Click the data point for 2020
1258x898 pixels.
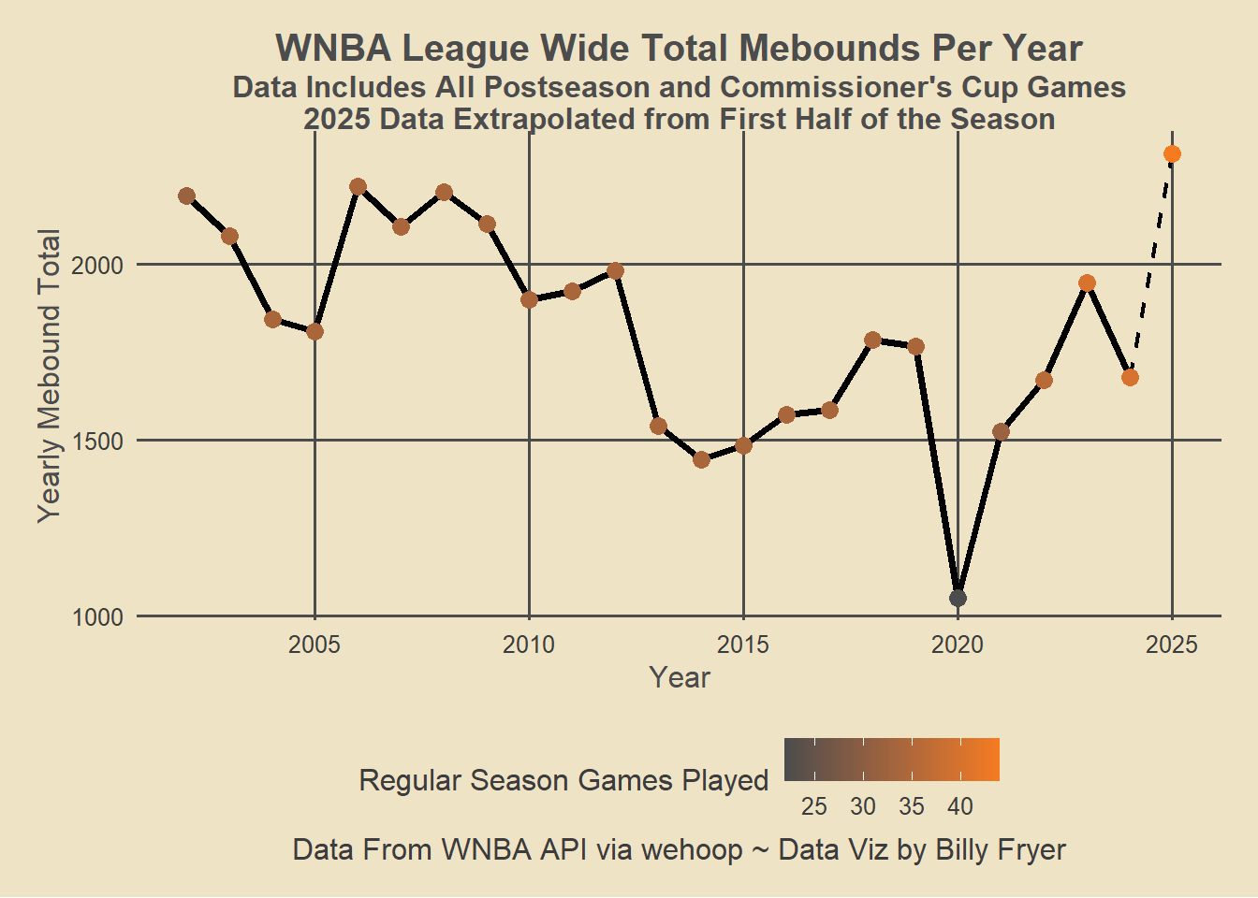click(958, 598)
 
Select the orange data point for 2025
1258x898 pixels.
click(1172, 154)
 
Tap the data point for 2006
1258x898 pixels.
click(358, 187)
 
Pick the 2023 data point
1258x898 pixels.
click(1087, 283)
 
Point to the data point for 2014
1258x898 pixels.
click(701, 459)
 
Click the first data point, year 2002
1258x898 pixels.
click(186, 196)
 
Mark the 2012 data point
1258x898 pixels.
click(615, 271)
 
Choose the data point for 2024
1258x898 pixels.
click(1130, 377)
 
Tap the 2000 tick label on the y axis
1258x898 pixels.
click(97, 265)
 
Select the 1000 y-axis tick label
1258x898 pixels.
click(97, 617)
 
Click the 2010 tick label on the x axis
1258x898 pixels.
click(529, 645)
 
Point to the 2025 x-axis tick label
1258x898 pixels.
click(1172, 645)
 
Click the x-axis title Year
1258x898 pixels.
click(680, 677)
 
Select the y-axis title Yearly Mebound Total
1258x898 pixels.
click(49, 375)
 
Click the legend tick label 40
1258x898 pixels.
click(960, 806)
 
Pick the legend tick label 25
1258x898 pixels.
click(814, 806)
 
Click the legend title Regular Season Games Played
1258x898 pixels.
click(563, 780)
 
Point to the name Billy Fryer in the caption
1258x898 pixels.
click(1001, 849)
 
